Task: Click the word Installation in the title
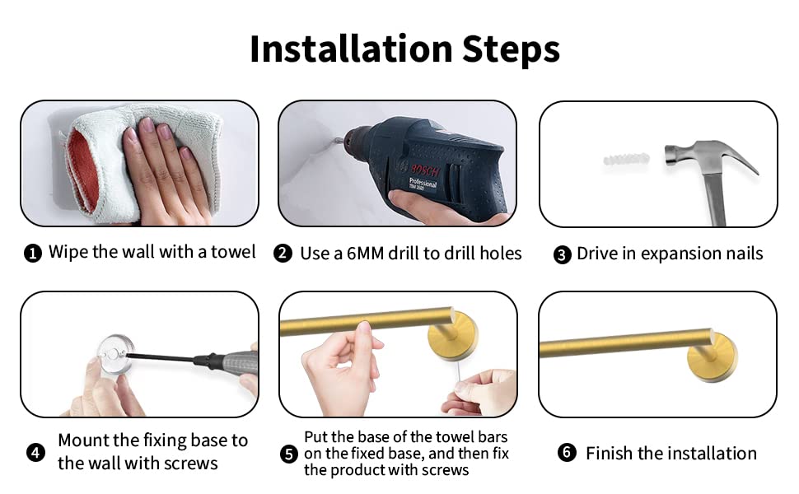pos(351,49)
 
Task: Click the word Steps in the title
pos(511,50)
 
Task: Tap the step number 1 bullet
pos(33,253)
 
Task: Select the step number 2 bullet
pos(283,253)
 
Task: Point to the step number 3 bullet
pos(562,254)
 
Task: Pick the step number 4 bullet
pos(35,452)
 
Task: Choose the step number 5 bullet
pos(289,454)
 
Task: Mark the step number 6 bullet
pos(567,452)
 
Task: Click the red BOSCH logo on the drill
pos(424,170)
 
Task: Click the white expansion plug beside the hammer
pos(626,159)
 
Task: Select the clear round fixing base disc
pos(115,356)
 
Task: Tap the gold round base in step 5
pos(452,335)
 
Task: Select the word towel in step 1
pos(233,252)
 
